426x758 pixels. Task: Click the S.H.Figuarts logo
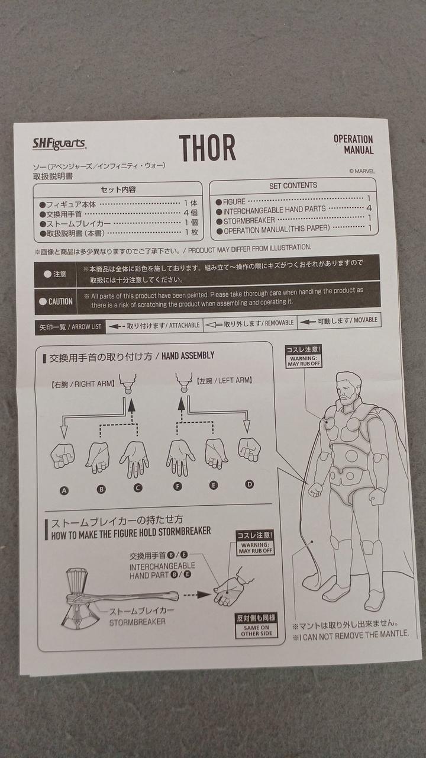click(59, 144)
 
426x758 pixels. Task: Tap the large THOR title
click(207, 147)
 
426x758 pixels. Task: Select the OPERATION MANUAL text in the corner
click(354, 144)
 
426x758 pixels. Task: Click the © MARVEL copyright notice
click(362, 171)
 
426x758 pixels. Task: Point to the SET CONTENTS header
click(293, 185)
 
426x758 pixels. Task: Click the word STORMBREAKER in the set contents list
click(249, 221)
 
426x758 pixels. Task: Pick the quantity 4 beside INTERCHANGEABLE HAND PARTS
click(369, 208)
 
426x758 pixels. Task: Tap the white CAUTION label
click(56, 301)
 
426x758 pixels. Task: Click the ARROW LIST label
click(86, 327)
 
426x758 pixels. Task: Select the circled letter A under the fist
click(64, 491)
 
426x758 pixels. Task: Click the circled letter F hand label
click(177, 487)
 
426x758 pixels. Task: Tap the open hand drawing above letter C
click(134, 460)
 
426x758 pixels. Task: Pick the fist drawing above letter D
click(249, 449)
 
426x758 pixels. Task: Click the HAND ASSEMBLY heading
click(188, 356)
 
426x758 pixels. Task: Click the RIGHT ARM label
click(82, 384)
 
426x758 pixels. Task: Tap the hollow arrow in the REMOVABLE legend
click(214, 325)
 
